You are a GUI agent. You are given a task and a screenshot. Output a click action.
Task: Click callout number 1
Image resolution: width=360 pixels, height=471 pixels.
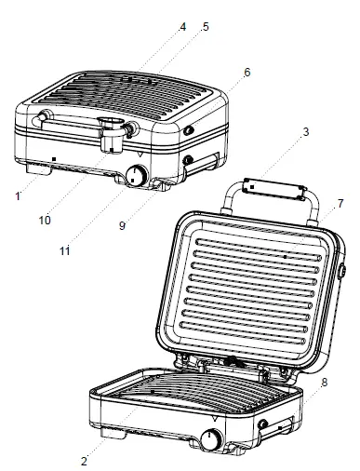click(17, 196)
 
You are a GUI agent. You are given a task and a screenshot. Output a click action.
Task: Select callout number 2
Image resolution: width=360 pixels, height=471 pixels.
click(85, 461)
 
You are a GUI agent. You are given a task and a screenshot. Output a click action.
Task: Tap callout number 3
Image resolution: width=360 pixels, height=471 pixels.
click(304, 133)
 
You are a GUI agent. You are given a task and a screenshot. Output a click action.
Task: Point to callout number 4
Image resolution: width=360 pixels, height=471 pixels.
click(182, 27)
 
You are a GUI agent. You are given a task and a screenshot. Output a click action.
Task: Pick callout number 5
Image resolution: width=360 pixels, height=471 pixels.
click(205, 27)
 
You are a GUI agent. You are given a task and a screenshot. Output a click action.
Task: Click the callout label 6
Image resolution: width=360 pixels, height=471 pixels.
click(247, 73)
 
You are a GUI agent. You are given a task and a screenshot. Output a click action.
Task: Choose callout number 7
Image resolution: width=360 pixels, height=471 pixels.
click(340, 203)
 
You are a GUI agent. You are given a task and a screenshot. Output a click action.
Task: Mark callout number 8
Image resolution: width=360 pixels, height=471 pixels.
click(323, 382)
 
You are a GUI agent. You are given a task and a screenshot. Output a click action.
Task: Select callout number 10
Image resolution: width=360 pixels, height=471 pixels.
click(44, 220)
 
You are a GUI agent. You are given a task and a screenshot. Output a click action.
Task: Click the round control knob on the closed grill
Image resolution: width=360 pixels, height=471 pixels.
click(138, 176)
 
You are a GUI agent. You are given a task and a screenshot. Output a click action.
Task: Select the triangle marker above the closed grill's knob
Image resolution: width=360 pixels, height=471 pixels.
click(140, 155)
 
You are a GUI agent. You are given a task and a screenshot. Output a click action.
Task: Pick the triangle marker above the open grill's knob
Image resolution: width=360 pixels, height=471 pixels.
click(216, 422)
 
